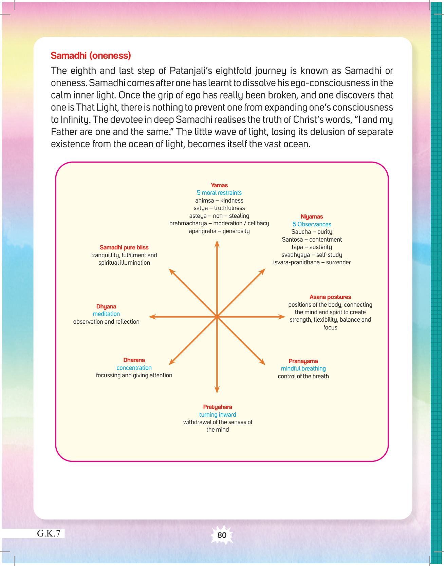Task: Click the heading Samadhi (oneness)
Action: click(91, 56)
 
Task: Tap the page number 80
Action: click(222, 535)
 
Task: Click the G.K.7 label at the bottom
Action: click(49, 533)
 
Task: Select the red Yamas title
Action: click(219, 185)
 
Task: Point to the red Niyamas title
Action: click(312, 216)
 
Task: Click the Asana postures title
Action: click(330, 297)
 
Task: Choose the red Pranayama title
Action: click(303, 361)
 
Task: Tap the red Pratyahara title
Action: click(218, 407)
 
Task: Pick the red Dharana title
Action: click(134, 360)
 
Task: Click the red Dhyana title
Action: click(106, 306)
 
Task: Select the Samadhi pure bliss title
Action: click(124, 247)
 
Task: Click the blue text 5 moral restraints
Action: click(219, 193)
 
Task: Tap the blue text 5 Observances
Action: click(312, 224)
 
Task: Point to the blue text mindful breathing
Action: click(303, 369)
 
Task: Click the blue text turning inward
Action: click(218, 415)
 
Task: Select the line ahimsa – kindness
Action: click(219, 201)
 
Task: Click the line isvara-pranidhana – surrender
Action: click(312, 262)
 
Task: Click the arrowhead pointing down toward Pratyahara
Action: click(217, 390)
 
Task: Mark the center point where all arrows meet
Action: click(217, 317)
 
